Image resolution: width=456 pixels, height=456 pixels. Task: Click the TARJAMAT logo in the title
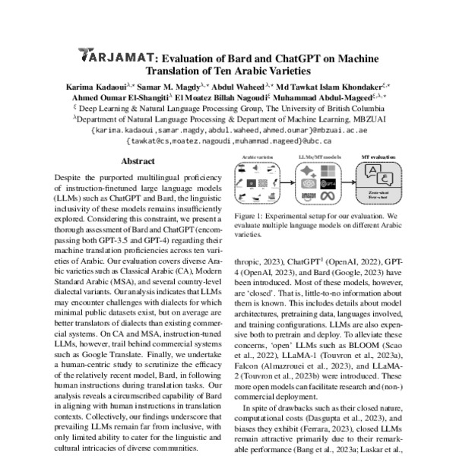coord(118,56)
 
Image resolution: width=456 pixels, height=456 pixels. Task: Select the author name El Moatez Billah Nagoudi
coord(222,97)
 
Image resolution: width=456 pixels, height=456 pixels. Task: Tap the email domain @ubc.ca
coord(302,141)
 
